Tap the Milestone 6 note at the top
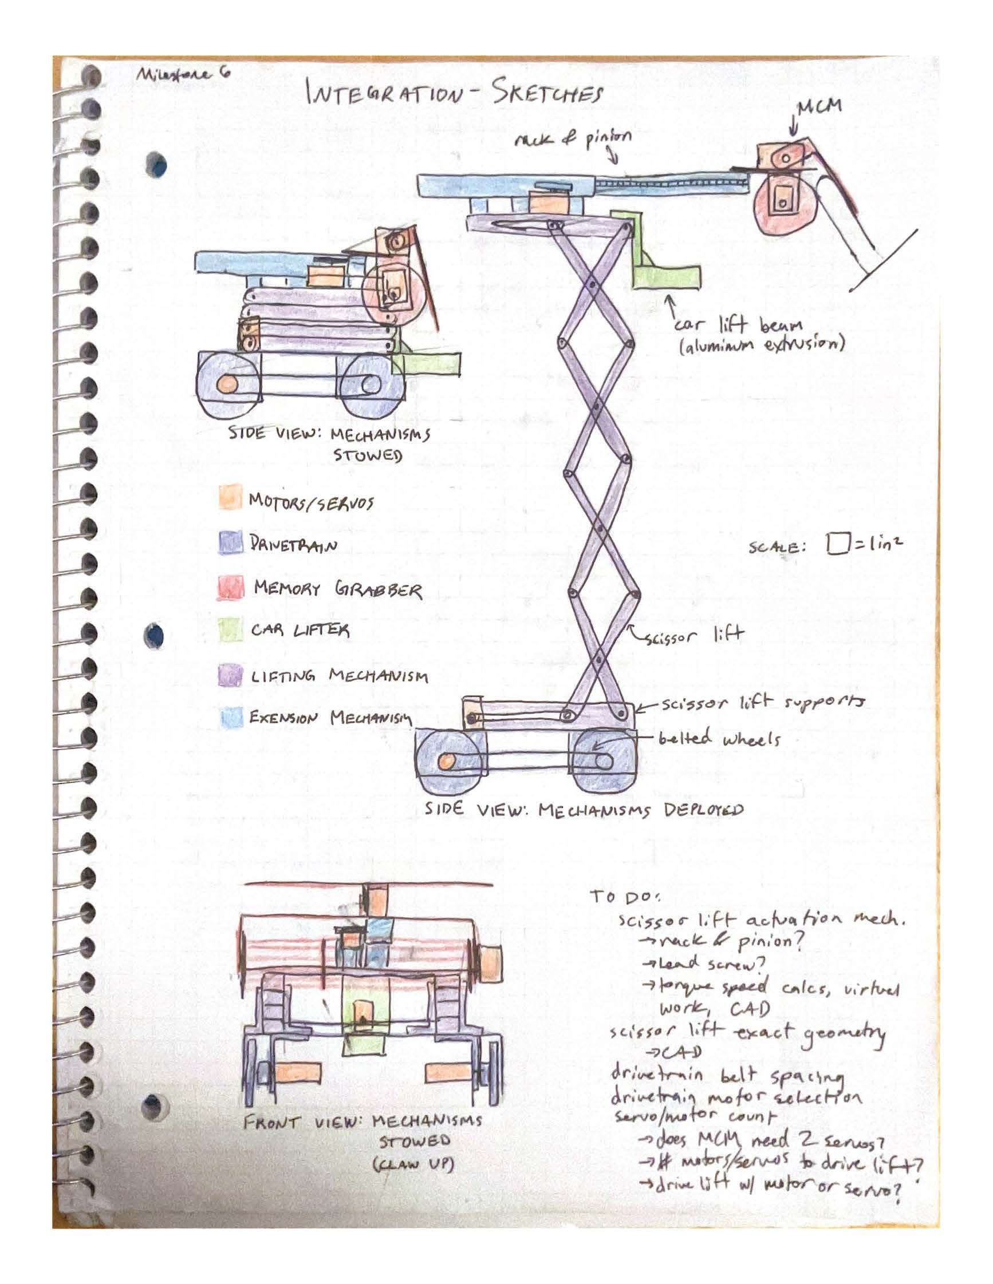182,74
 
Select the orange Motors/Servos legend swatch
230,497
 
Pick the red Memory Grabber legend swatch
231,587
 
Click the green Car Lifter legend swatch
230,629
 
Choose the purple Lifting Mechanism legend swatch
230,675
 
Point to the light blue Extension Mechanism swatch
231,718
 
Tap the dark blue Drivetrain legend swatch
230,542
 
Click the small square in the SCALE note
836,543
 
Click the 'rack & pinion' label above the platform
573,138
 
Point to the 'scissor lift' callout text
694,635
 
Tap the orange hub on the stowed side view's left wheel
227,385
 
